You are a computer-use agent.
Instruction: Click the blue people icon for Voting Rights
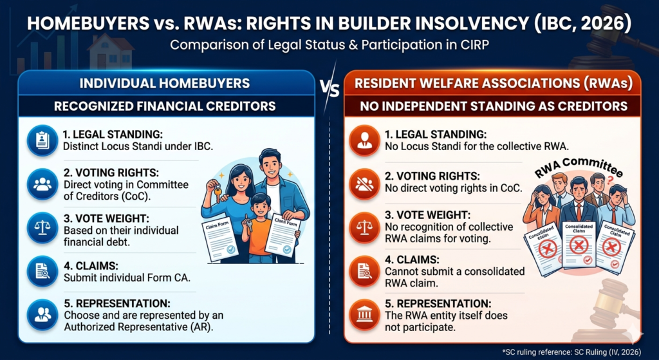click(x=42, y=184)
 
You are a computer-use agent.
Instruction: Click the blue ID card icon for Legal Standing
click(x=42, y=141)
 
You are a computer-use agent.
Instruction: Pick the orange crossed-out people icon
click(x=365, y=184)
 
